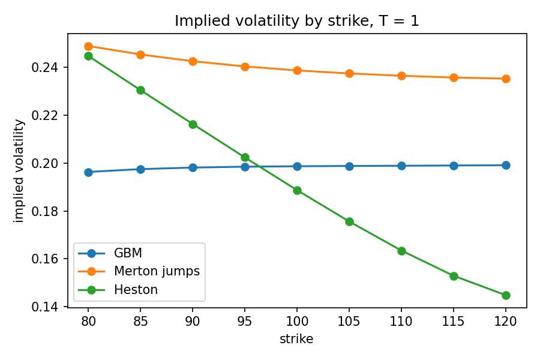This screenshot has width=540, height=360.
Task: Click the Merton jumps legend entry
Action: click(139, 271)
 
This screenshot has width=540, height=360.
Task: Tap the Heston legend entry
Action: click(118, 290)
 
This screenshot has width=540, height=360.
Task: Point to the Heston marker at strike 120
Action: click(506, 295)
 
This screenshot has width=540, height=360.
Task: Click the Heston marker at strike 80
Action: click(89, 56)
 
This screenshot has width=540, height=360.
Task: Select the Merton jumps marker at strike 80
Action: click(89, 46)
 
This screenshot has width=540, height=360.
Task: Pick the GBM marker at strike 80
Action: click(89, 172)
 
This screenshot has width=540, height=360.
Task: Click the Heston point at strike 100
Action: click(297, 191)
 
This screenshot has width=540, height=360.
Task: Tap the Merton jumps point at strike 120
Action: click(506, 79)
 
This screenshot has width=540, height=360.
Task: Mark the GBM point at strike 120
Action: click(506, 165)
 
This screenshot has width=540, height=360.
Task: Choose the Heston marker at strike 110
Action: click(401, 251)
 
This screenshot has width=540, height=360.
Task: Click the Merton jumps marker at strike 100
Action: click(297, 71)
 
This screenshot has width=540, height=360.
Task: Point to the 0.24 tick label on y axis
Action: click(44, 67)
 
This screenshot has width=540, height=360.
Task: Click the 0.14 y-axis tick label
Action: click(44, 307)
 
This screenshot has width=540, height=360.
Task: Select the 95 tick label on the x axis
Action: click(245, 322)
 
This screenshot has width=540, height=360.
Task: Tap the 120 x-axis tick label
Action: click(506, 322)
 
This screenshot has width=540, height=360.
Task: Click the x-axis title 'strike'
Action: click(296, 339)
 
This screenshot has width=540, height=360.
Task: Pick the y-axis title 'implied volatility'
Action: click(19, 171)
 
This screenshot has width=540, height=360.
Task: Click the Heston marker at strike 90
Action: click(193, 124)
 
